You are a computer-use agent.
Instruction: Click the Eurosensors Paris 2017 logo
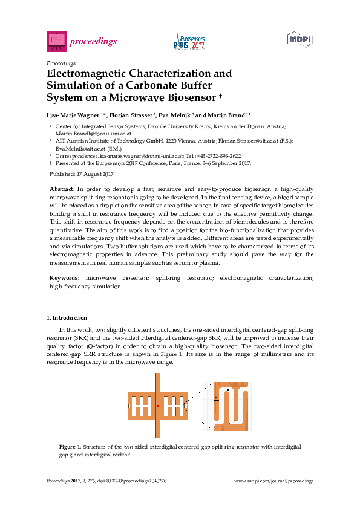coord(190,41)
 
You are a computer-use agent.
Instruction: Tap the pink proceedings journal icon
coord(56,41)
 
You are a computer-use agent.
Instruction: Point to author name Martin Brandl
coord(229,114)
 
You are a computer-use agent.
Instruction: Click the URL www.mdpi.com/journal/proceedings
coord(273,481)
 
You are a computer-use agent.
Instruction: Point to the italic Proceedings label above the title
coord(61,63)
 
